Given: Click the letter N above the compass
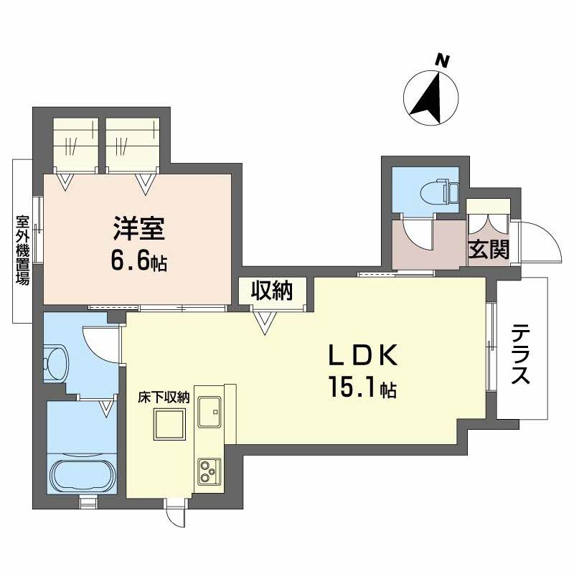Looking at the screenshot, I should click(x=443, y=62).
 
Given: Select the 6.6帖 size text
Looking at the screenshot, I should click(x=138, y=261).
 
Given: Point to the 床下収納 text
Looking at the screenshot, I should click(x=164, y=397).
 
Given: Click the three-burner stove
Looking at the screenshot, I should click(x=209, y=471).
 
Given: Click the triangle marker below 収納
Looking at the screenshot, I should click(x=266, y=326).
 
